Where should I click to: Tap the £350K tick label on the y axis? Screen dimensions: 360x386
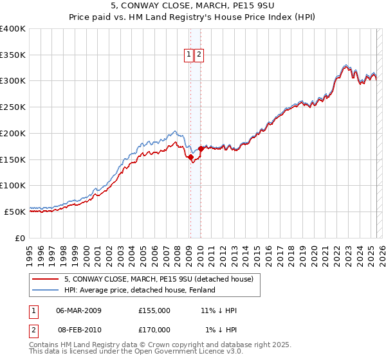coord(13,55)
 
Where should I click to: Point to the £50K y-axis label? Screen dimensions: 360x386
coord(15,212)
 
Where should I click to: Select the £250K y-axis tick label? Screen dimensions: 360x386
coord(13,107)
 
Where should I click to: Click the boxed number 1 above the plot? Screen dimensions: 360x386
coord(189,55)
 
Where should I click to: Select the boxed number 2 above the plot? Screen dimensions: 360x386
coord(199,55)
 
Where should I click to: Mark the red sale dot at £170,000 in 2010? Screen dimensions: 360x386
coord(201,148)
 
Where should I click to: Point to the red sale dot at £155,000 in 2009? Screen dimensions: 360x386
coord(190,156)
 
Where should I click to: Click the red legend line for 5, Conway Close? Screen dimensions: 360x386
coord(46,279)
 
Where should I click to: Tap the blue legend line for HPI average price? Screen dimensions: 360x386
coord(46,290)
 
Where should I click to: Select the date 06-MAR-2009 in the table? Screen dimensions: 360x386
coord(78,310)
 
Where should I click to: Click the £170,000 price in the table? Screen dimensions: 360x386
coord(154,330)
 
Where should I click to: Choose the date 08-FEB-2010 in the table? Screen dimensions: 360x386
coord(78,330)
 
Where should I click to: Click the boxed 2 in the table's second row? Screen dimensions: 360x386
coord(33,330)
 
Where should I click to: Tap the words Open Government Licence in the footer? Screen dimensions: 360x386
coord(192,352)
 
